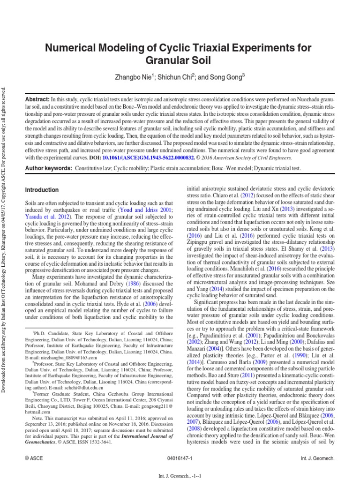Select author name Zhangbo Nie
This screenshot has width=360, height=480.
(x=137, y=75)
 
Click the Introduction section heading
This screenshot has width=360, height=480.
(x=42, y=190)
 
